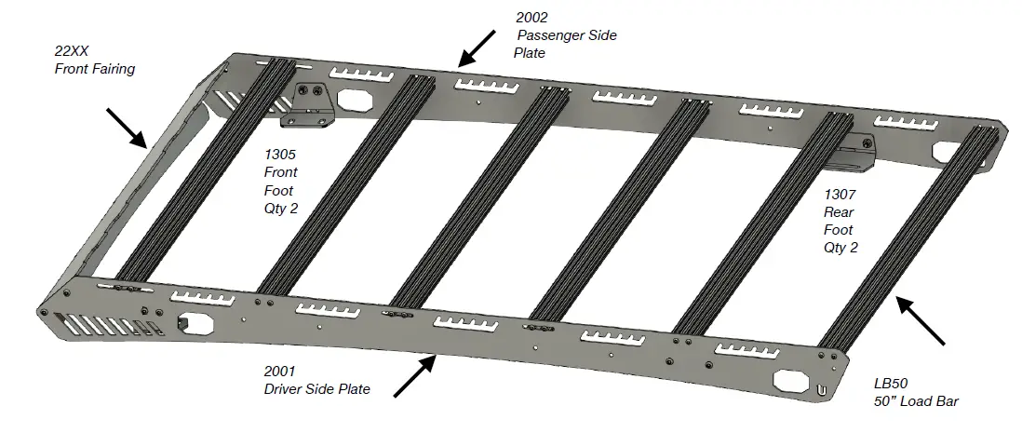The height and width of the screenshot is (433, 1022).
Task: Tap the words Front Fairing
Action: (94, 69)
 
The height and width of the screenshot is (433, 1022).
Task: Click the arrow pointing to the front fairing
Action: (127, 128)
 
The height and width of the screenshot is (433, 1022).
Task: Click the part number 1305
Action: (279, 155)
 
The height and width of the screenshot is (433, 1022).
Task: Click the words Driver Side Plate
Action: (316, 389)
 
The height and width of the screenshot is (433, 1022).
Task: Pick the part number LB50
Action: (890, 383)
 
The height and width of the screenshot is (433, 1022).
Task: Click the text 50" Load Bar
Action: (916, 401)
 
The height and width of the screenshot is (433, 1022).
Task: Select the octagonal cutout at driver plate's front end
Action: (195, 322)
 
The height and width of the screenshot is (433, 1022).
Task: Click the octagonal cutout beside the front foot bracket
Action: (356, 99)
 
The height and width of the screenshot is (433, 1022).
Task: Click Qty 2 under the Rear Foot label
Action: (840, 248)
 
